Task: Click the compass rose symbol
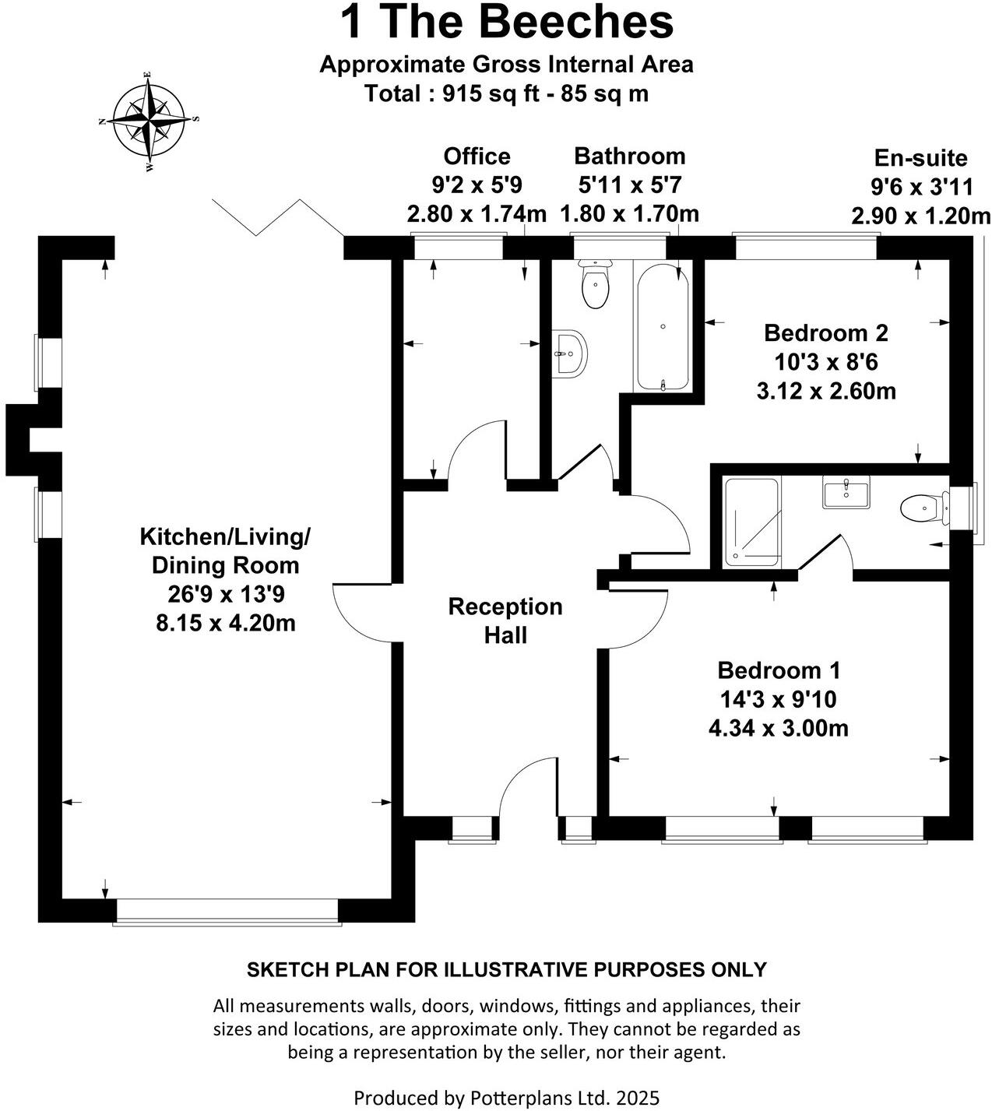(x=148, y=121)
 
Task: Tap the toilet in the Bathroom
(x=596, y=285)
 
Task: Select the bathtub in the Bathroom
(x=662, y=327)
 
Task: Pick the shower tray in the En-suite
(x=751, y=522)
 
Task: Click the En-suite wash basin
(x=845, y=493)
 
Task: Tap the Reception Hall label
(x=505, y=621)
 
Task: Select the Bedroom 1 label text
(x=779, y=670)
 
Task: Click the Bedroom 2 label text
(x=825, y=332)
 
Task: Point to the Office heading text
(x=477, y=156)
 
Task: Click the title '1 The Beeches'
(x=506, y=23)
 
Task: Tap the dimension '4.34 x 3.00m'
(x=779, y=729)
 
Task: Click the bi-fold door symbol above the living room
(x=278, y=216)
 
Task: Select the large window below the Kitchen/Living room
(x=227, y=912)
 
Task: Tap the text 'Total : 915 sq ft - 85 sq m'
(x=506, y=94)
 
